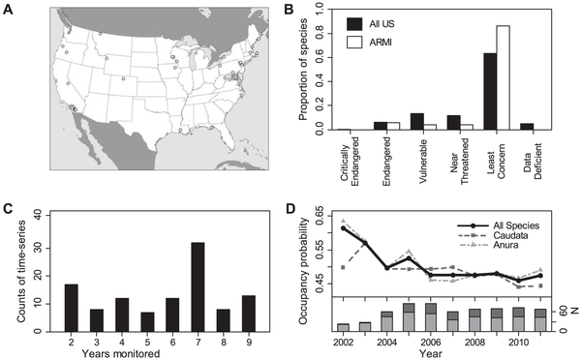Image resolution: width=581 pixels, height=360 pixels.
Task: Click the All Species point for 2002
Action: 344,228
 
